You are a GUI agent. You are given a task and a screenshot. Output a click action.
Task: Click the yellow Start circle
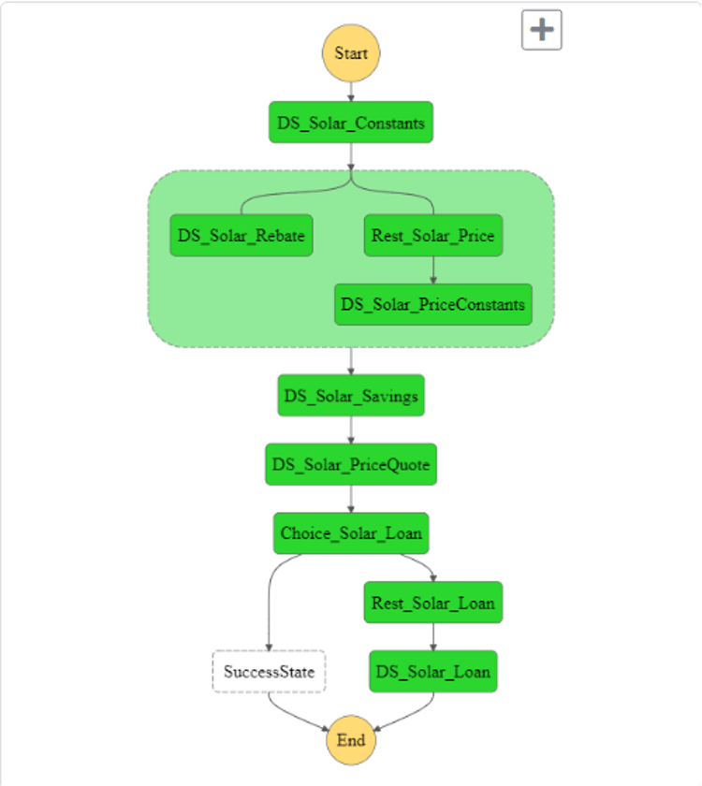351,53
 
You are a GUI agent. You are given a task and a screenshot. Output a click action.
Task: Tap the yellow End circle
351,740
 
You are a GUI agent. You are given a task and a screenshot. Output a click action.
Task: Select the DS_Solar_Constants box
351,123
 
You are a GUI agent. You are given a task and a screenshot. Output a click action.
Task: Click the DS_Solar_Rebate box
241,236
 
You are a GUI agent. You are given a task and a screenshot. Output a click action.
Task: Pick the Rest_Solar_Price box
432,236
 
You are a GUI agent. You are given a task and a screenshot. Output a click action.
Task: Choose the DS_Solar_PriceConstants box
432,304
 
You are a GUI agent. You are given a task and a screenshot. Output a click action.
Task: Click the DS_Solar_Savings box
351,396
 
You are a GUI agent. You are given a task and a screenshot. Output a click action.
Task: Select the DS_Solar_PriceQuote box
351,464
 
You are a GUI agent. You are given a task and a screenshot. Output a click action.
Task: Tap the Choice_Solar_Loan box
351,533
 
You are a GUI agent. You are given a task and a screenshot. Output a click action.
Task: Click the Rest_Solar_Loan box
433,603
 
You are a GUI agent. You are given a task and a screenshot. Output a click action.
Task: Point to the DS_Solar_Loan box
433,671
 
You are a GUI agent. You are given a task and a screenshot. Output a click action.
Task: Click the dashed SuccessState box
270,671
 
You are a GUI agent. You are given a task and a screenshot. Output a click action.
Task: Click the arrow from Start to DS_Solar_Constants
351,92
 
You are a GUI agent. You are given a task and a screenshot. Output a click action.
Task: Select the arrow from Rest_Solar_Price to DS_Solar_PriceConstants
432,269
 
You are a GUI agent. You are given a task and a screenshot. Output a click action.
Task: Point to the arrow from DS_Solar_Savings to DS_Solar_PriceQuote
351,429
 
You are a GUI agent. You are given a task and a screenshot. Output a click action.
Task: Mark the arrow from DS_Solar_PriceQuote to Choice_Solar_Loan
351,499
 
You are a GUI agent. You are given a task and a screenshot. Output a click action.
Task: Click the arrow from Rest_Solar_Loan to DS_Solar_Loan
433,636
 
